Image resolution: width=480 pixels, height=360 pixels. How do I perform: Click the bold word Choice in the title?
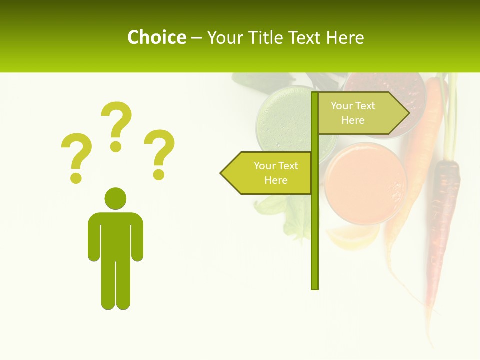pyautogui.click(x=156, y=38)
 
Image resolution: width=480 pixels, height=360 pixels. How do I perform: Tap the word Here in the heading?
pyautogui.click(x=344, y=38)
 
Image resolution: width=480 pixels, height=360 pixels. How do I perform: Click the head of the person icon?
pyautogui.click(x=115, y=198)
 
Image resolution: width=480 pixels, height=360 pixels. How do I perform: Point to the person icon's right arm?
pyautogui.click(x=137, y=240)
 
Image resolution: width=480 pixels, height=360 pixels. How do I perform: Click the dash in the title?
pyautogui.click(x=196, y=38)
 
